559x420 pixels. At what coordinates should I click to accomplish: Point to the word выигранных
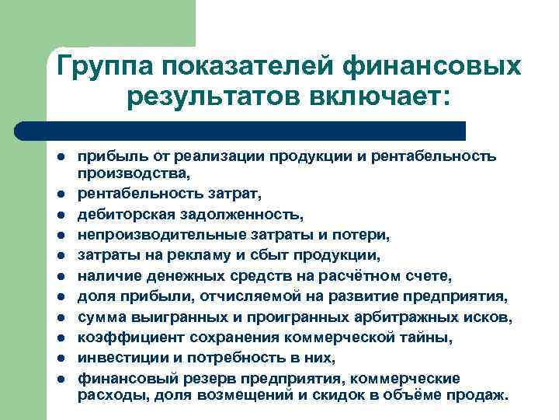tap(168, 316)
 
